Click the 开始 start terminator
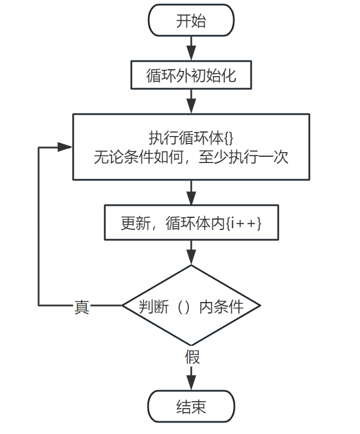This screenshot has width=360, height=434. (x=191, y=20)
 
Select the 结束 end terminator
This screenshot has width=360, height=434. (x=191, y=406)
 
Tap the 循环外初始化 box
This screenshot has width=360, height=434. (x=191, y=75)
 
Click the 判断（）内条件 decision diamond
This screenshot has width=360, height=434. (x=191, y=305)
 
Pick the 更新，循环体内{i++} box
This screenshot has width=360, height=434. (x=191, y=222)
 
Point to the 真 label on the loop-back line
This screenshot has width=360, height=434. (x=82, y=307)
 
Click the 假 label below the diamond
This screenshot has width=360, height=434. (x=192, y=357)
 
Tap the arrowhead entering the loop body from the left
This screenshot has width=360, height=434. (x=65, y=147)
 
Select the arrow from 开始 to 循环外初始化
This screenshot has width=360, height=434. (x=191, y=48)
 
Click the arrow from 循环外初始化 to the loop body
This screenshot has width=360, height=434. (x=191, y=101)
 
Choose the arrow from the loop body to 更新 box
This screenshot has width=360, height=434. (x=191, y=193)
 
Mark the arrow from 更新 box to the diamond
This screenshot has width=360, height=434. (x=191, y=252)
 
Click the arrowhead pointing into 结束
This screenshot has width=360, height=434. (x=191, y=383)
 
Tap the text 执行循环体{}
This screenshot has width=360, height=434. (x=191, y=138)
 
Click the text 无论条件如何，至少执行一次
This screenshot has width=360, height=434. (x=191, y=157)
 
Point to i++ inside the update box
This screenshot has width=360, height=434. (x=244, y=223)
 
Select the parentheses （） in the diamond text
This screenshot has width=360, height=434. (x=184, y=307)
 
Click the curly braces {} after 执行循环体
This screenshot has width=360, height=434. (x=229, y=138)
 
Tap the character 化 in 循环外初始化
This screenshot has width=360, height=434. (x=229, y=76)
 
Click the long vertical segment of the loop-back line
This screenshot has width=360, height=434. (x=39, y=226)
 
